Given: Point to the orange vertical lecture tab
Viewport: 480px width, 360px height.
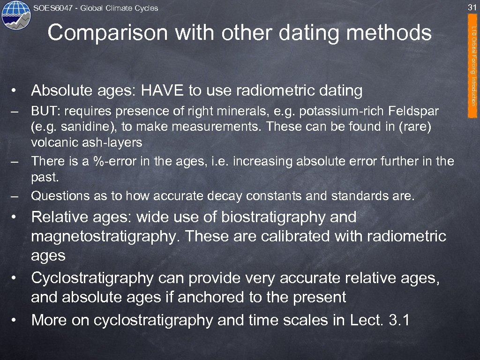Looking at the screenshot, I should point(474,66).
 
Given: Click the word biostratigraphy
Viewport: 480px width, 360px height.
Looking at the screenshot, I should point(274,217).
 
